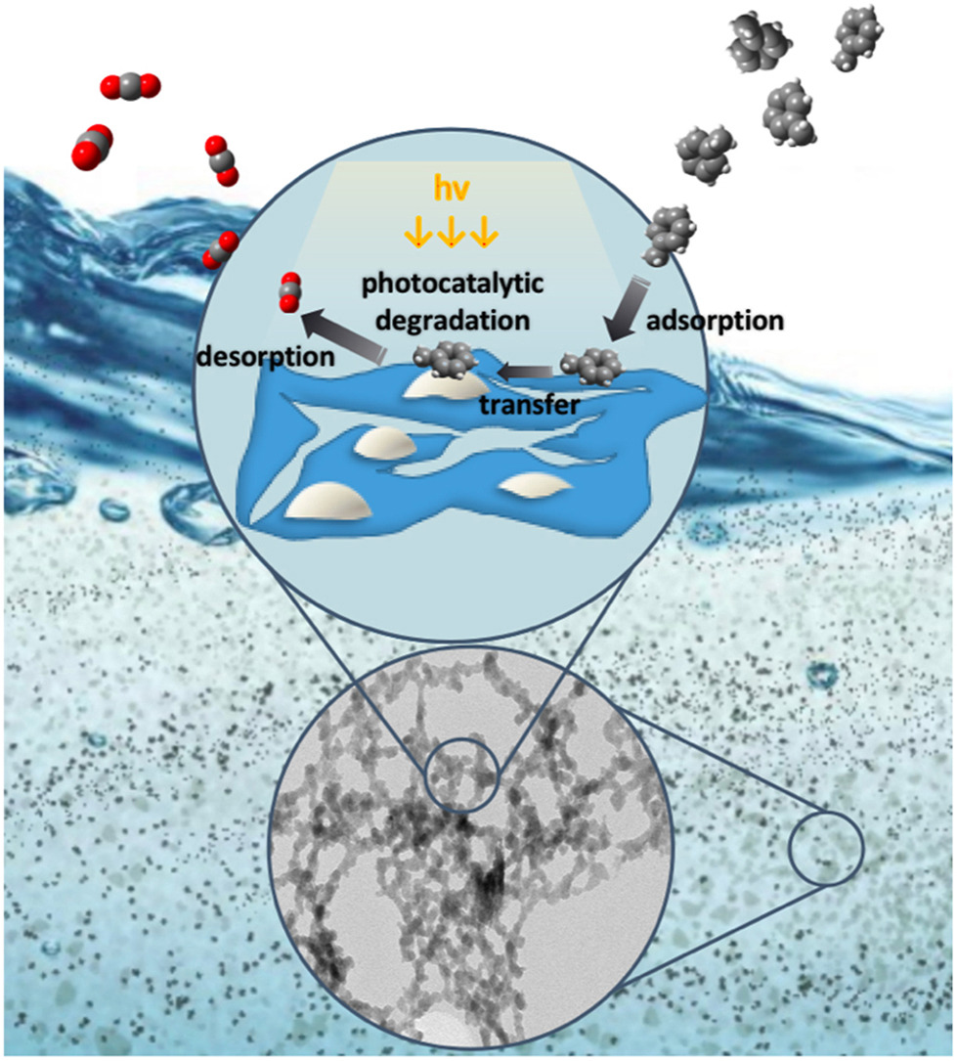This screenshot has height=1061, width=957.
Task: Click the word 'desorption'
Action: coord(264,357)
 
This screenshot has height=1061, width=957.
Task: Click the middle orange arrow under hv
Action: coord(449,235)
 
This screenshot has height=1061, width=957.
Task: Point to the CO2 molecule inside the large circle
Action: coord(287,291)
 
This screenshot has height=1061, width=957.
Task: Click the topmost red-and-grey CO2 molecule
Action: coord(129,88)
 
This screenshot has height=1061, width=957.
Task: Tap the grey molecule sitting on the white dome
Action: coord(445,361)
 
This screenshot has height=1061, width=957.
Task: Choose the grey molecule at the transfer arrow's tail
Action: coord(587,367)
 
